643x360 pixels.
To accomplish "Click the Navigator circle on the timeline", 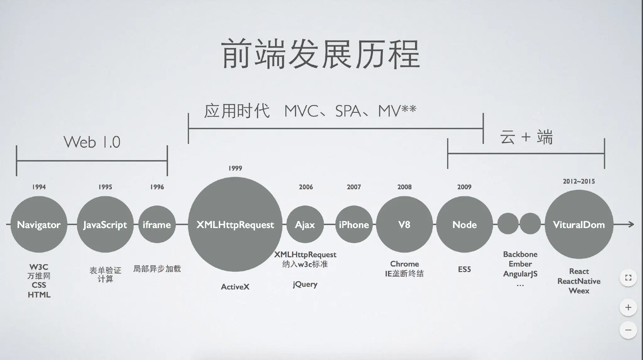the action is coord(39,224).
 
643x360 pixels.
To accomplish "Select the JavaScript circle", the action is coord(105,224).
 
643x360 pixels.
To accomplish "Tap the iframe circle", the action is coord(157,224).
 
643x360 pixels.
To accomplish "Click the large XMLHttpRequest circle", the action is coord(235,224).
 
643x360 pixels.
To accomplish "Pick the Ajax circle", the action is coord(305,224).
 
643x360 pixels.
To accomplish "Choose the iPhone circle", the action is coord(354,224).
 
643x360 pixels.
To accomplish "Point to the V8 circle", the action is coord(404,224).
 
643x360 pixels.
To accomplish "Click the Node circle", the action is coord(464,224).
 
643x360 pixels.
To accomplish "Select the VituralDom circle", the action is coord(579,224).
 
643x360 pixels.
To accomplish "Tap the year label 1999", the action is coord(235,168).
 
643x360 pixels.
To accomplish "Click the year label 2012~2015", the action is coord(579,181).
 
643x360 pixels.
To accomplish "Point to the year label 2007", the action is coord(354,187).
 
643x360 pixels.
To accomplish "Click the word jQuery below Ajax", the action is coord(305,284).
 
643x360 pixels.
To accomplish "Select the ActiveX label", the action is coord(235,287).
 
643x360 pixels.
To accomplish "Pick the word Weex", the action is coord(579,291).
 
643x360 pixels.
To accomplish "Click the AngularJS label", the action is coord(520,274).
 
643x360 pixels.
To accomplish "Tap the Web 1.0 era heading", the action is coord(92,142).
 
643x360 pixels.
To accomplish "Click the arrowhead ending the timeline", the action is coord(631,224).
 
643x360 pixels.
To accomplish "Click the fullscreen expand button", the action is coord(628,278).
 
